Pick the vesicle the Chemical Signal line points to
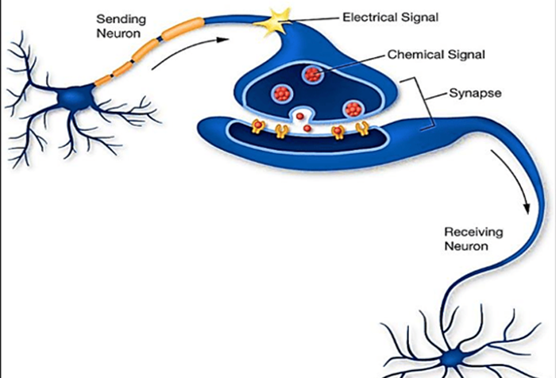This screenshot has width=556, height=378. coord(312,75)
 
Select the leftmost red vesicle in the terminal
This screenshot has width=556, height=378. coord(280,91)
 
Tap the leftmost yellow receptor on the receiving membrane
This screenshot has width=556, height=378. coord(260,128)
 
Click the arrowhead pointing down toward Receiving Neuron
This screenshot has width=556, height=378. coord(525,207)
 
